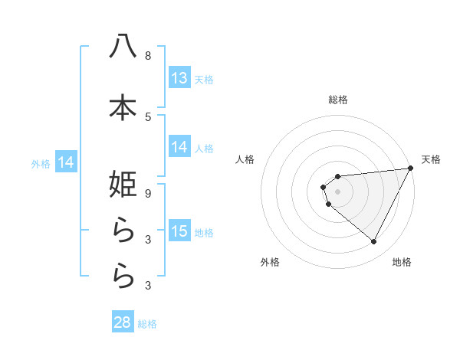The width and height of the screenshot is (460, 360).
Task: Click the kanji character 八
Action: click(123, 47)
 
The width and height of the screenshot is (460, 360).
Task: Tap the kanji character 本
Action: click(123, 107)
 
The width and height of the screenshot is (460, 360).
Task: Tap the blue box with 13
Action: click(179, 78)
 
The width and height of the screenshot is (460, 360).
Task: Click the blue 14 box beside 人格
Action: click(179, 148)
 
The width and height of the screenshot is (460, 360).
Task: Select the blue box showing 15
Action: click(179, 232)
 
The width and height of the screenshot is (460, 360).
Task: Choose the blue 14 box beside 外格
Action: click(66, 162)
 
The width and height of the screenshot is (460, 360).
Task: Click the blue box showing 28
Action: click(122, 322)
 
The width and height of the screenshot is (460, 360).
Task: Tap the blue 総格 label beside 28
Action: click(147, 324)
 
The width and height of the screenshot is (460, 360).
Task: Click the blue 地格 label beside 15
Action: click(204, 233)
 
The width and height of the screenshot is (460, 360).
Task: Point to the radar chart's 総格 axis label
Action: click(338, 100)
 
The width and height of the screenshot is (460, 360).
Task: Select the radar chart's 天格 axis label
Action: click(431, 159)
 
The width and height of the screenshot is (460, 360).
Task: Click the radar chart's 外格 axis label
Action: click(269, 262)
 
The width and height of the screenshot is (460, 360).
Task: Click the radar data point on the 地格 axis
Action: click(373, 241)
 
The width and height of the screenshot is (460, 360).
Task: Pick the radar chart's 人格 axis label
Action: click(245, 159)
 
